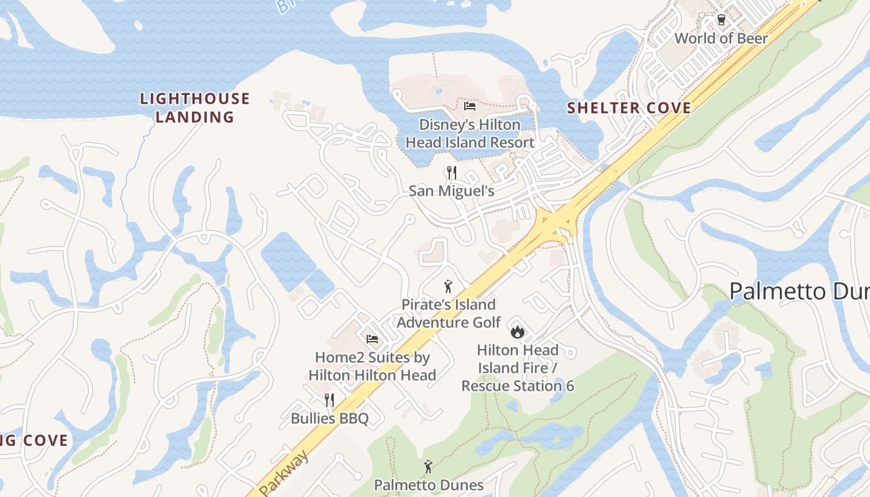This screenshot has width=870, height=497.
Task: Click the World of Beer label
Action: pos(721,38)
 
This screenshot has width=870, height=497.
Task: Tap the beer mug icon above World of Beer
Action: pos(721,20)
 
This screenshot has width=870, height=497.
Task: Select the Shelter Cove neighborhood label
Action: pos(629,108)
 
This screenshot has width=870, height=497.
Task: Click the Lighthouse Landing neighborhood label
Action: pos(195,107)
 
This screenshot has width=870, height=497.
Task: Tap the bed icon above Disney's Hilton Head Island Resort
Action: pos(470,106)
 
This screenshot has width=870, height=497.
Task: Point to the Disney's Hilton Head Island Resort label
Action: pos(470,134)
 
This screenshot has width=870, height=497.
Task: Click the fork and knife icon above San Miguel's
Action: pos(452,172)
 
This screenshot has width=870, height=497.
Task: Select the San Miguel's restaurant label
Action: pos(452,191)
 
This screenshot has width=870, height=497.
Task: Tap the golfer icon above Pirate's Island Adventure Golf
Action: pos(448,286)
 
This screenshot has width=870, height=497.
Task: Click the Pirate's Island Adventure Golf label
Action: pos(449,313)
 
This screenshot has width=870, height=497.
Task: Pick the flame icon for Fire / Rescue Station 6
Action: pos(517,331)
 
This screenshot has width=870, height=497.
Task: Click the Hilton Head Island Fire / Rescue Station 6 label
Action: pos(518,368)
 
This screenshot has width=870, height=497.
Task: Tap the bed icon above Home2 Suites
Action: pos(372,339)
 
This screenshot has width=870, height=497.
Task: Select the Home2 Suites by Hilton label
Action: pos(372,366)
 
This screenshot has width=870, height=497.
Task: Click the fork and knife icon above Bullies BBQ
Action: pos(329,399)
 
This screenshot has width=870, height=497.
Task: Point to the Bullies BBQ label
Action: pos(329,418)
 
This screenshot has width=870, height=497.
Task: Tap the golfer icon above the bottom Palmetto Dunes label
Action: pos(428,467)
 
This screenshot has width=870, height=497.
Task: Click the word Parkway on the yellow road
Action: pos(284,475)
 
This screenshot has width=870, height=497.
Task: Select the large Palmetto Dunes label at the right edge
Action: pos(799,291)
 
